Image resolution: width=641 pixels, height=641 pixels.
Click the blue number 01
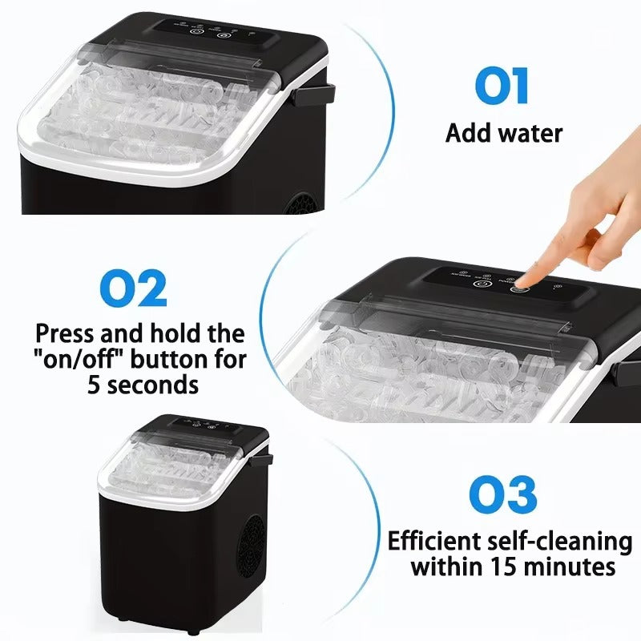[x=502, y=87]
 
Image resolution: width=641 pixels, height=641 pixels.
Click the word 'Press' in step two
[x=69, y=333]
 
